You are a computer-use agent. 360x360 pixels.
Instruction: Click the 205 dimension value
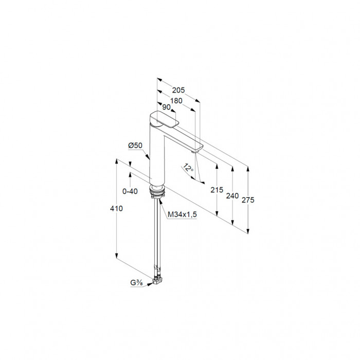point(178,90)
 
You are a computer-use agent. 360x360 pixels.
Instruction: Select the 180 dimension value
point(176,101)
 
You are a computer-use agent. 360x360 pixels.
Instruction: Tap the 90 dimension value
point(167,107)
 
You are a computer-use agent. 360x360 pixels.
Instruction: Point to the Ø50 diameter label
point(135,146)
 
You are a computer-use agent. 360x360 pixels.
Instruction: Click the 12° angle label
point(188,168)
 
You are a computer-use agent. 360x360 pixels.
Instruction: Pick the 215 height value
point(217,190)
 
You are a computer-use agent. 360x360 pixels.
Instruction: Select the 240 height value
point(232,196)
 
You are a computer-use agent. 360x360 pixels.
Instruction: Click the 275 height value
point(248,200)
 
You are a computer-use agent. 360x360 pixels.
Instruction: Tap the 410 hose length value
point(116,208)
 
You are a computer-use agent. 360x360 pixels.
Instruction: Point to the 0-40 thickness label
point(130,191)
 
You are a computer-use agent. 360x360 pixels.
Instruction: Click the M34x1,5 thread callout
point(182,214)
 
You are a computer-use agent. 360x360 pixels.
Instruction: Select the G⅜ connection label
point(137,283)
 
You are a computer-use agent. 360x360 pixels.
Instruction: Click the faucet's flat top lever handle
point(164,119)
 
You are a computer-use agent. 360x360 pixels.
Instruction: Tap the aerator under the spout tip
point(196,151)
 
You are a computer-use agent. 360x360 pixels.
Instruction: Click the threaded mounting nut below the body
point(157,192)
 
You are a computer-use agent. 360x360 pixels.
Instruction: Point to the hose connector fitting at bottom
point(157,281)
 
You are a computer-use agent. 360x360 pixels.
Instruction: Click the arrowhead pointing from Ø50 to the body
point(148,156)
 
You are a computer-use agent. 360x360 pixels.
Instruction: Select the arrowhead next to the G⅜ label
point(150,284)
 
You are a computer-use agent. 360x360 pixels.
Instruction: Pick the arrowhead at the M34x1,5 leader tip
point(160,201)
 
